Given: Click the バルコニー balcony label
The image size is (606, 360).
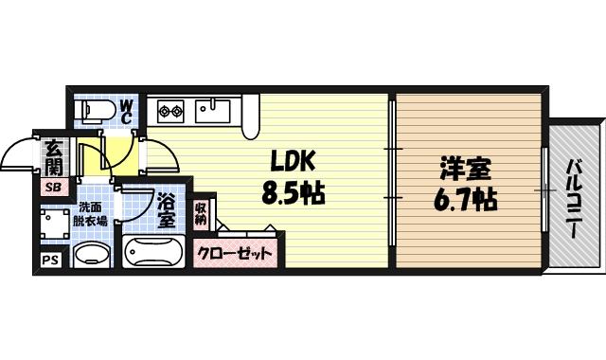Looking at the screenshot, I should (574, 194).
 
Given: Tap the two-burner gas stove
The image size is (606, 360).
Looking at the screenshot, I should (170, 111).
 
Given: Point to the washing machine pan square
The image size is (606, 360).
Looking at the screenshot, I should (53, 225).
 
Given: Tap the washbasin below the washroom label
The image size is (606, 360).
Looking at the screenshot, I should (92, 255).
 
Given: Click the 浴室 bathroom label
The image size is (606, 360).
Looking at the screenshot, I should (166, 210).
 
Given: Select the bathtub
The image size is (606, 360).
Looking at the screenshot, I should (154, 254).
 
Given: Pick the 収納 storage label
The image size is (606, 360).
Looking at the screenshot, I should (202, 213).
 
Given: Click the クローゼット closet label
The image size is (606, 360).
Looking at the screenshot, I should (236, 254).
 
